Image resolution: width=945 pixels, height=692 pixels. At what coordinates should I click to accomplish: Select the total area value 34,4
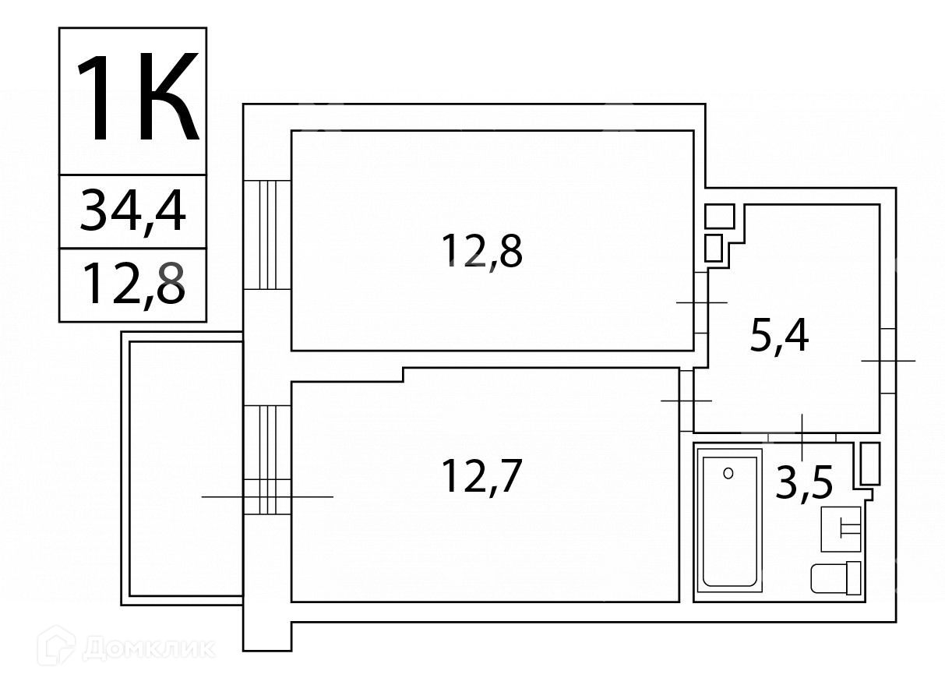tap(133, 211)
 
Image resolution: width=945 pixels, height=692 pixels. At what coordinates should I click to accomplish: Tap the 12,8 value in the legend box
tap(133, 284)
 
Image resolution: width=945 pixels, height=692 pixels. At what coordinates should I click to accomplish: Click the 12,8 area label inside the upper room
tap(481, 250)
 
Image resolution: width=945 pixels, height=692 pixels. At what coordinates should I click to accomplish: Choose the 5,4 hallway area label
tap(779, 337)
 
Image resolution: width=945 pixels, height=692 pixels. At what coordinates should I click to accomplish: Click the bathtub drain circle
tap(728, 473)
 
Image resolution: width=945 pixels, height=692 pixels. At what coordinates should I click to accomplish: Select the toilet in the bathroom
tap(835, 577)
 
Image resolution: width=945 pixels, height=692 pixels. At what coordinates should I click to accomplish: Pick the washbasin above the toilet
tap(841, 528)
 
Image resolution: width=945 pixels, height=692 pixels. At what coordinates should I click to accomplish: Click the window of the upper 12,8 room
tap(267, 235)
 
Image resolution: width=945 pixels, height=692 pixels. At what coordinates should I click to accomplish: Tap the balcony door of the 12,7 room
tap(267, 460)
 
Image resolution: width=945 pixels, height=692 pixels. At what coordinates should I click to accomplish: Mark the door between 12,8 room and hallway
tap(701, 302)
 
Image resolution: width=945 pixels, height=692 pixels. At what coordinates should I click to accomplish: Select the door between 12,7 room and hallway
tap(686, 400)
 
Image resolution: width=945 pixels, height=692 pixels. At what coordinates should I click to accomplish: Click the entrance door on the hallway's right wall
tap(888, 361)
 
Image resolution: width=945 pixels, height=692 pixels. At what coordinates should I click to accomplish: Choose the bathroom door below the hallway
tap(802, 437)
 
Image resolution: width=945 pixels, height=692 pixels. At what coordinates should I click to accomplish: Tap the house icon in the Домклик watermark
tap(56, 646)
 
